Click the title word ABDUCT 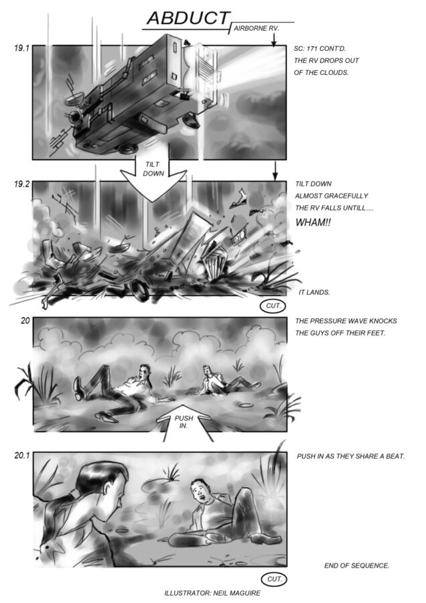coord(188,18)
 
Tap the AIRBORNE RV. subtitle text coord(256,28)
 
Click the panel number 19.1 coord(21,48)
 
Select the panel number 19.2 coord(21,184)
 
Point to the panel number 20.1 coord(22,456)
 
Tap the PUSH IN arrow coord(184,422)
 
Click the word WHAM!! coord(313,222)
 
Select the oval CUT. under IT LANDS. coord(274,306)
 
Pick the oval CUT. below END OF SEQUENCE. coord(274,579)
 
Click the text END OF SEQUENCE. coord(357,565)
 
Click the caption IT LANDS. coord(314,292)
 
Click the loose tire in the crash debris coord(139,290)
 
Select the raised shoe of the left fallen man coord(78,388)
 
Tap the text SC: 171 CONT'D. coord(319,49)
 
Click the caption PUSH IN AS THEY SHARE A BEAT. coord(350,456)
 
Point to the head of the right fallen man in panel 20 coord(208,371)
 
